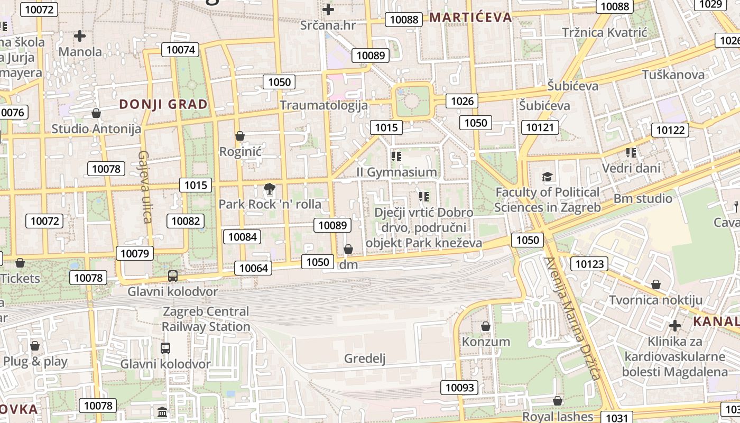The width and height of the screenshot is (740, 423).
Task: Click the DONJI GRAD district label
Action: (x=163, y=104)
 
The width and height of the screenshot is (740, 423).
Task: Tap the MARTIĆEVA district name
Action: (x=470, y=17)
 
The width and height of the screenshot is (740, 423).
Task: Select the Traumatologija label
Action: (x=323, y=105)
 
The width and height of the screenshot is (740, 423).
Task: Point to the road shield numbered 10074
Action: (x=181, y=50)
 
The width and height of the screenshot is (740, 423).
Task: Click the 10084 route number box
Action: (x=243, y=237)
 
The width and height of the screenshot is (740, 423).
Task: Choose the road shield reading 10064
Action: (x=254, y=268)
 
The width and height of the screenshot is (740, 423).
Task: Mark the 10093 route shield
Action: (x=460, y=388)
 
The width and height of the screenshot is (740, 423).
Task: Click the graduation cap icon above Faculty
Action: (x=547, y=177)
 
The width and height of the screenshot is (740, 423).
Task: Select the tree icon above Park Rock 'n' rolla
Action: (x=269, y=188)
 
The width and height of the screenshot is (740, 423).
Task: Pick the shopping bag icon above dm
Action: (x=348, y=249)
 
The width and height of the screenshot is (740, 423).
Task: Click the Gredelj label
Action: (x=365, y=358)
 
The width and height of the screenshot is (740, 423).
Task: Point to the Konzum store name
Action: (x=486, y=342)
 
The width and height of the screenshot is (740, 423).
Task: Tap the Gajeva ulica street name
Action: (x=144, y=187)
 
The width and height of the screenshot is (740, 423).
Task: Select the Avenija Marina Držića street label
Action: (x=573, y=319)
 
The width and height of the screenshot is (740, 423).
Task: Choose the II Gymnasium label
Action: (x=397, y=172)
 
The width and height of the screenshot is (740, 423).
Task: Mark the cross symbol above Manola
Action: (x=80, y=36)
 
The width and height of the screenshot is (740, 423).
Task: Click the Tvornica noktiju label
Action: (x=655, y=300)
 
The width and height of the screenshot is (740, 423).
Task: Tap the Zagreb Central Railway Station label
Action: (x=206, y=319)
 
